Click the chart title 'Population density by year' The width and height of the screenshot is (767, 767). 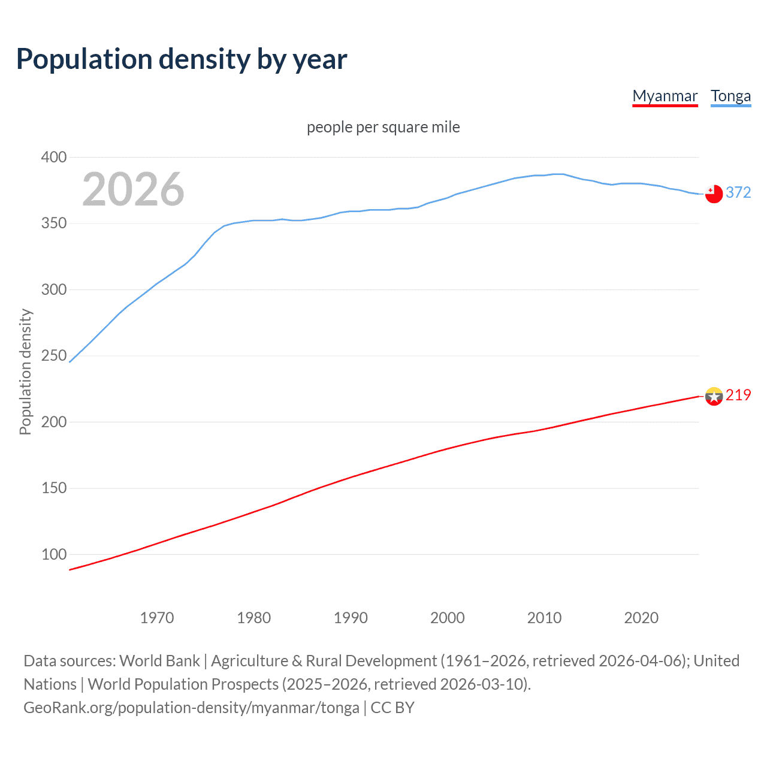click(x=182, y=59)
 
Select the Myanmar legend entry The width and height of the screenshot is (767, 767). click(x=665, y=96)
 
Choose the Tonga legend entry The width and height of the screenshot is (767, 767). click(x=730, y=96)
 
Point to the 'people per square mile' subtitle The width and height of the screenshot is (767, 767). click(x=383, y=127)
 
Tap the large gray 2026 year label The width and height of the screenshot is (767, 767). click(x=133, y=189)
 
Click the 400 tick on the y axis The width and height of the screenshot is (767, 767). click(x=53, y=158)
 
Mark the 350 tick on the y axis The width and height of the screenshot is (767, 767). click(x=53, y=224)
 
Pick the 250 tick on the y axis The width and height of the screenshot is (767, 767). click(x=53, y=356)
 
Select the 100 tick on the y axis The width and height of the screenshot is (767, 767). click(x=53, y=554)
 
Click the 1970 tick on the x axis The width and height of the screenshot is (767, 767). click(x=157, y=618)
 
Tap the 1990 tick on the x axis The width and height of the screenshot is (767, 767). click(x=351, y=618)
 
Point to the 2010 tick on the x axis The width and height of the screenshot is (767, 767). click(x=544, y=618)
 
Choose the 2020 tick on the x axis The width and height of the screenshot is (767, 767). click(x=641, y=618)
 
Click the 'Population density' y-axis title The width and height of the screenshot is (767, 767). click(x=25, y=372)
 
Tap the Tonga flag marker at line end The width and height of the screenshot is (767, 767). click(x=714, y=194)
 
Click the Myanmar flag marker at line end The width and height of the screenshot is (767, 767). click(x=714, y=396)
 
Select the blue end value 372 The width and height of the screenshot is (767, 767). click(x=738, y=192)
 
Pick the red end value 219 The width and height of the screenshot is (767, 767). click(x=738, y=395)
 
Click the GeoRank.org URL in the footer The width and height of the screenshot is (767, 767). click(x=191, y=708)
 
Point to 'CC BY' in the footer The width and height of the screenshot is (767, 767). click(x=392, y=708)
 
